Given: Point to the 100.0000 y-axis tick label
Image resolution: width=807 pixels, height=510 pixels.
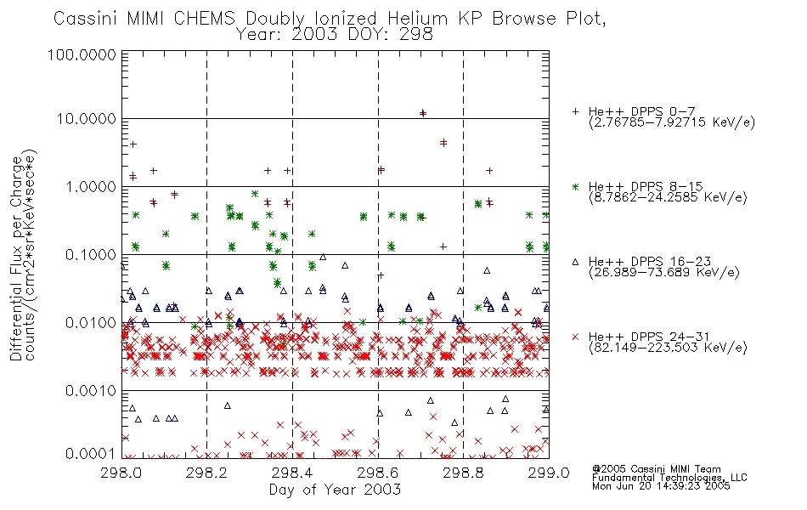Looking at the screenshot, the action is coord(82,54).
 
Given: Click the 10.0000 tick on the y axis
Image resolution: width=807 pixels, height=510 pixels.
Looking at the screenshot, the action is coord(86,119).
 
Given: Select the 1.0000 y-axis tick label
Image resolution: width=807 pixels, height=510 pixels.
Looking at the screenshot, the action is coord(91,186).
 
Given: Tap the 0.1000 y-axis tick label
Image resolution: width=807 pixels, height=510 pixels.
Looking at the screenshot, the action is coord(91,254).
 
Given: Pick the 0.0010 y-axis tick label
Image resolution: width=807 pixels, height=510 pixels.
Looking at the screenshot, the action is coord(91,390).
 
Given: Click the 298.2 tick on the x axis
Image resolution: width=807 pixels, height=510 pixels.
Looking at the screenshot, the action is coord(207,473).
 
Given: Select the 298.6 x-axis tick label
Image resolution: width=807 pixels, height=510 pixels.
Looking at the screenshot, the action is coord(378,473).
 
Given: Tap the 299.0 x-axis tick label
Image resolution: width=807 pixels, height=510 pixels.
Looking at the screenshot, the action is coord(549,473).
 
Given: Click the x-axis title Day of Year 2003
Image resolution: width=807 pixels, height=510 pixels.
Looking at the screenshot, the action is coord(335,490).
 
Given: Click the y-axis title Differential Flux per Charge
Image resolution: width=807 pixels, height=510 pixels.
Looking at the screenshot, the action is coord(17,258).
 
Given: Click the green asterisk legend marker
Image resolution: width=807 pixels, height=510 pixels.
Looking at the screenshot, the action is coord(575,186).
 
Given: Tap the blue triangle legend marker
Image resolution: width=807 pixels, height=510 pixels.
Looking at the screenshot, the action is coord(575,262).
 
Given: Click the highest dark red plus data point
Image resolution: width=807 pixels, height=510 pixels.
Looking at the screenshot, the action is coord(422,113).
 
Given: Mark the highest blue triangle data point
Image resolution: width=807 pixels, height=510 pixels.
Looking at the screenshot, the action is coord(323,257).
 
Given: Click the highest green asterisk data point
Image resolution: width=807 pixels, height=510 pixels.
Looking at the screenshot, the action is coord(254,194).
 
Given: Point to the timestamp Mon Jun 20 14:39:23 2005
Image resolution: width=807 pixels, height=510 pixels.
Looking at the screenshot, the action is coord(661,486).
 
